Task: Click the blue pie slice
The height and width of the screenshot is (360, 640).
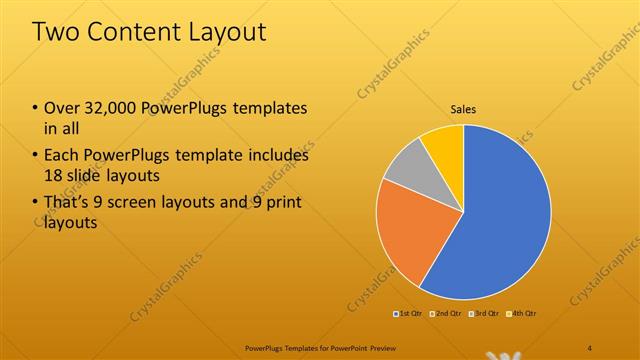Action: click(500, 220)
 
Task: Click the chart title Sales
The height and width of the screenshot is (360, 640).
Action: click(463, 108)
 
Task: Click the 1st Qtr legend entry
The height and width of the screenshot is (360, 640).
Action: click(409, 315)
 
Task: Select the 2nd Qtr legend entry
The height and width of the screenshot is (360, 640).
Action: click(446, 315)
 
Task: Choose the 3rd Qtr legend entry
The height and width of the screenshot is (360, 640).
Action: click(485, 315)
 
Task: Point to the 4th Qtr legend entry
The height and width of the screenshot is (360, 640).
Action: click(523, 315)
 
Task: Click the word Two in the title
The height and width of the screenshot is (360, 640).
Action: click(59, 32)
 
